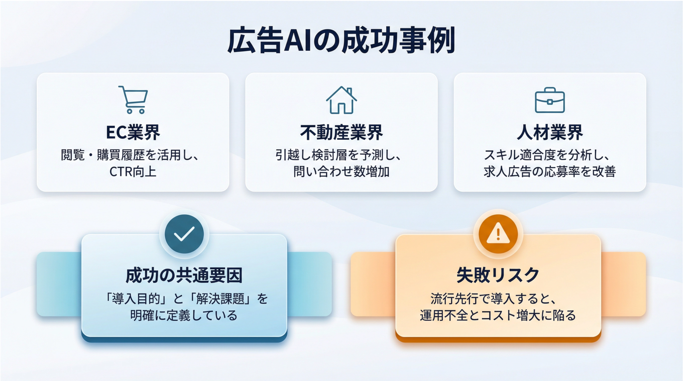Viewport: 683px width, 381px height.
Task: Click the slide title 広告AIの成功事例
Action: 341,41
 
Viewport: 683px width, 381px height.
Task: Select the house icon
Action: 342,100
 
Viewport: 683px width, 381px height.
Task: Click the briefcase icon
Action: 550,100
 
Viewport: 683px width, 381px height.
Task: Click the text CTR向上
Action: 133,171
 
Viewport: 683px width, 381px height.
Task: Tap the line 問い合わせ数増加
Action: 342,171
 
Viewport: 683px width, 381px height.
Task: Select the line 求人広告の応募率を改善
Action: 550,171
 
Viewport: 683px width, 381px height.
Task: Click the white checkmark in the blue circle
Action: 184,234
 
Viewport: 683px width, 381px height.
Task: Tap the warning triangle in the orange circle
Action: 498,233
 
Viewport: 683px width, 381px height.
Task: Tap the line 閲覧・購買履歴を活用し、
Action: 130,155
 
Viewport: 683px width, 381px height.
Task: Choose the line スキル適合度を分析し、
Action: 547,155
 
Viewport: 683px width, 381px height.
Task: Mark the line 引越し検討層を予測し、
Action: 338,155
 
